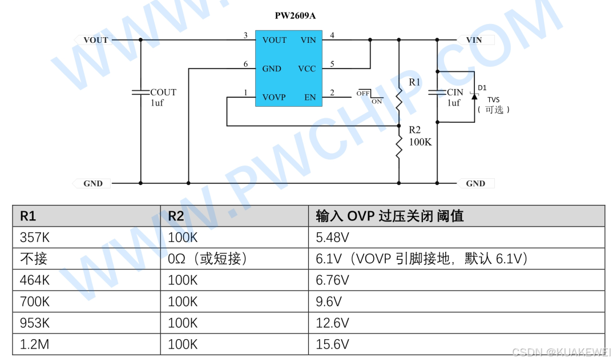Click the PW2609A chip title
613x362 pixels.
point(295,16)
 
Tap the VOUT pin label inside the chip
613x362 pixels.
point(275,40)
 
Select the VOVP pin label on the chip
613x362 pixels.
point(274,98)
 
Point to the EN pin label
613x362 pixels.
point(310,98)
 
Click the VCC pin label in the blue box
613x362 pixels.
point(306,69)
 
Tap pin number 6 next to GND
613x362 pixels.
point(246,65)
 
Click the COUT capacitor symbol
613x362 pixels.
point(140,92)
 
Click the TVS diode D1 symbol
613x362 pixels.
point(474,94)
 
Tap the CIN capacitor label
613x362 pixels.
point(455,92)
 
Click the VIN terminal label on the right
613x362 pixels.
point(474,40)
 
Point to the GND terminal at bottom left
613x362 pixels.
point(93,184)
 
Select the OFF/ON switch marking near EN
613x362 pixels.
point(369,96)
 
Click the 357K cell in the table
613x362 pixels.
point(35,238)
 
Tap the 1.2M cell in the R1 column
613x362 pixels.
point(35,344)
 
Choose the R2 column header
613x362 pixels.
point(176,216)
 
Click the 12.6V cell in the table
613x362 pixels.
point(332,323)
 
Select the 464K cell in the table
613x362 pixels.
point(35,280)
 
